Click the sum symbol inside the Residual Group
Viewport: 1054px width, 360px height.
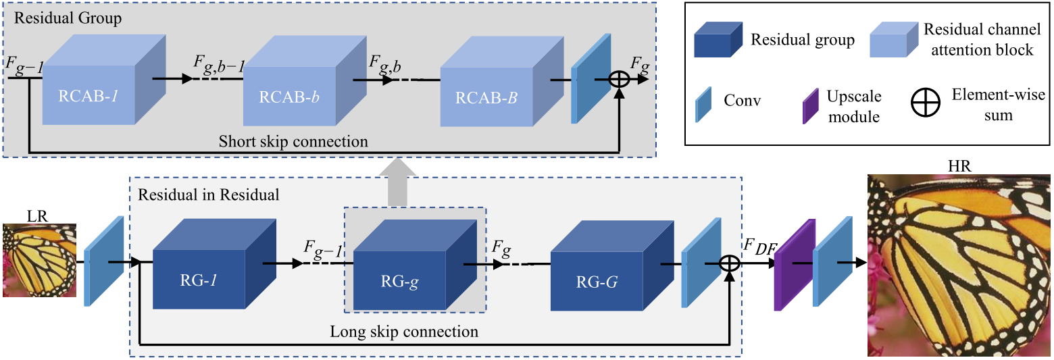619,79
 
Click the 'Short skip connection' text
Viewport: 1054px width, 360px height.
293,142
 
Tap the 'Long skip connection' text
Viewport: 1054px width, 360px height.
403,332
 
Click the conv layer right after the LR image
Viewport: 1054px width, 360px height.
104,261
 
